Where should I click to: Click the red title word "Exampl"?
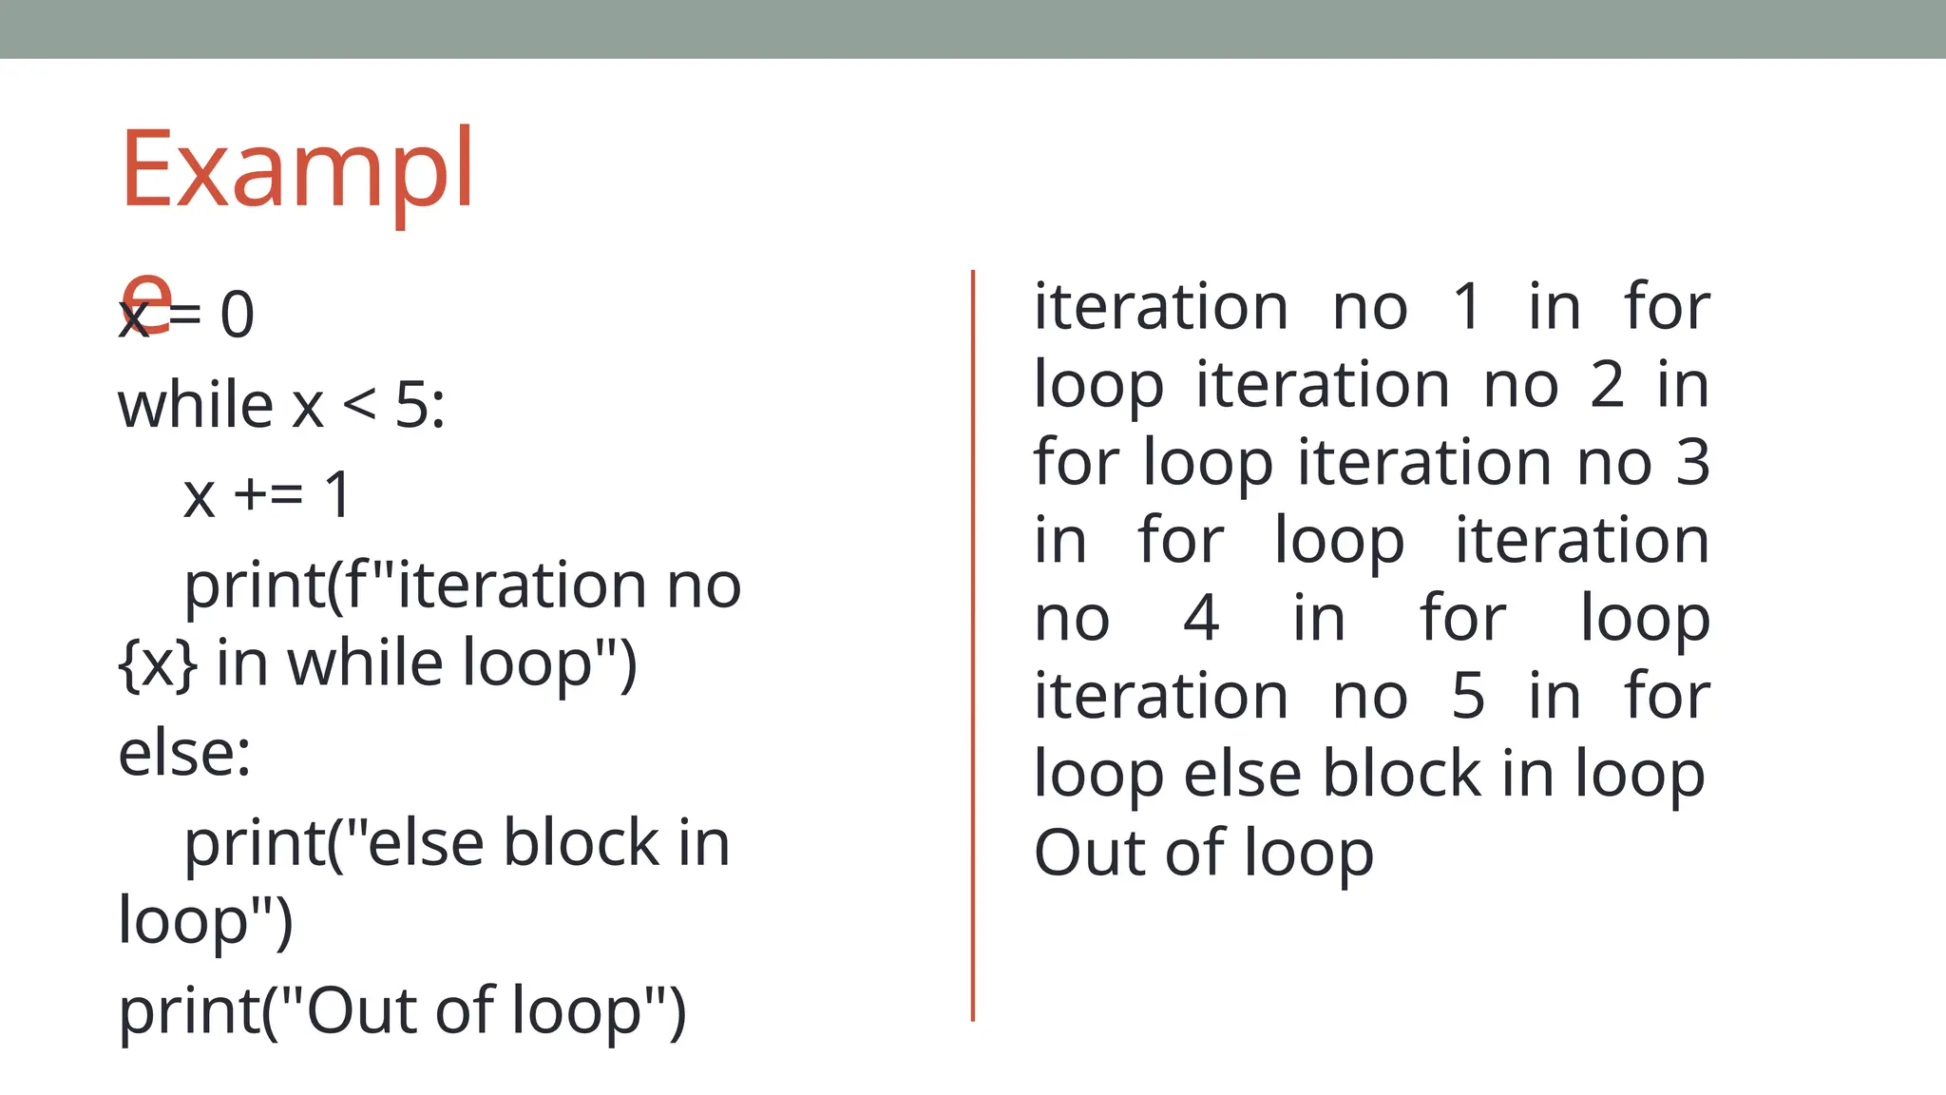click(296, 171)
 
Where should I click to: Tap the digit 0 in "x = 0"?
click(238, 316)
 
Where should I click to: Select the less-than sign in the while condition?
click(359, 406)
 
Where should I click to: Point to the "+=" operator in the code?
click(268, 494)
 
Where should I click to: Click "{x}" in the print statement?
click(158, 663)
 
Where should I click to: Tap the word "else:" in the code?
click(184, 753)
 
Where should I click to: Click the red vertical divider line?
click(973, 646)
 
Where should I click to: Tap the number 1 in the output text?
click(1467, 307)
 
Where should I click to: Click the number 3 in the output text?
click(1693, 463)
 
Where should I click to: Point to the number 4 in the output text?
click(1201, 619)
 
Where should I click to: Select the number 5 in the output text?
click(1468, 697)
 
